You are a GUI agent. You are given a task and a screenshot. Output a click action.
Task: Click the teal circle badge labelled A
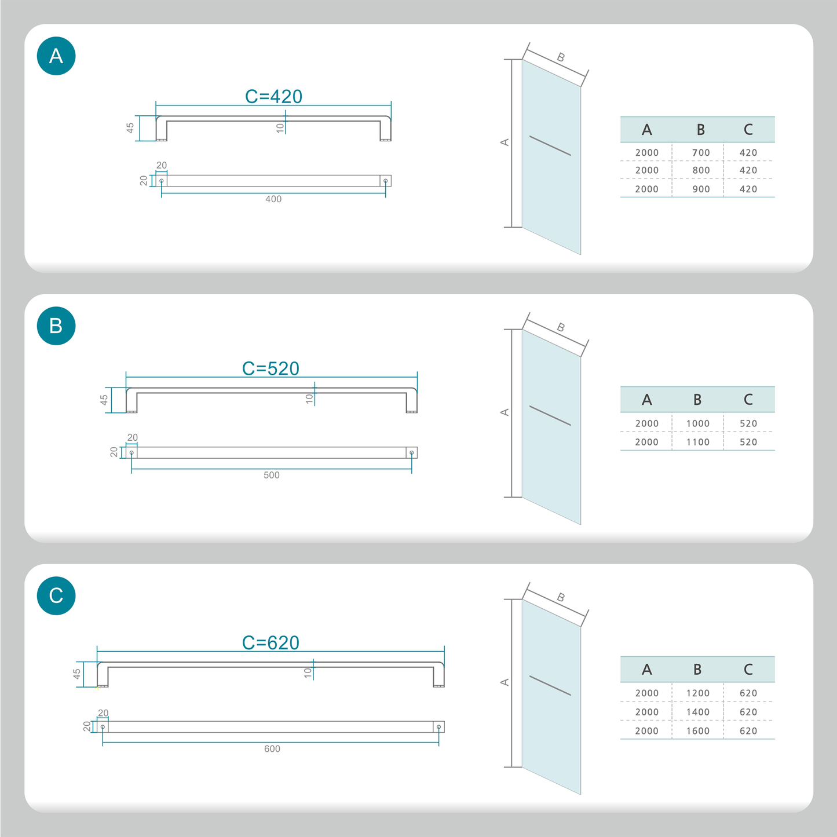[56, 56]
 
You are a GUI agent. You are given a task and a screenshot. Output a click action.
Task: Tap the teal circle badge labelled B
[56, 326]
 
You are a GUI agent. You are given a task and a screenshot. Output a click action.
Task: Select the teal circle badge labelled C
[56, 595]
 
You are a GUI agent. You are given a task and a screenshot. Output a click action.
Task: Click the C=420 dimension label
[273, 96]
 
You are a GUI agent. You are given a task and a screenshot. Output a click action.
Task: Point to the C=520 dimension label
[271, 368]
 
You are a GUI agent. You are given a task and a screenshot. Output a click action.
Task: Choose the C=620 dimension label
[271, 642]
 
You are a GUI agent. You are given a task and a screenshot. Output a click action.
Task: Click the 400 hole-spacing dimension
[273, 199]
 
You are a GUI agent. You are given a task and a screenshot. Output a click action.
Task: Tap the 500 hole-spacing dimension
[272, 475]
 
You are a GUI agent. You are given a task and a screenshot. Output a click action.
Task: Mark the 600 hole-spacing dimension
[272, 749]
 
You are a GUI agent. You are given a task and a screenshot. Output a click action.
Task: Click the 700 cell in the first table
[701, 152]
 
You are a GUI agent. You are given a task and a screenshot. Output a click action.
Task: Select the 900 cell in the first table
[701, 189]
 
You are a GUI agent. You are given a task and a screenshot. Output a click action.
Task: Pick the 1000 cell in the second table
[697, 423]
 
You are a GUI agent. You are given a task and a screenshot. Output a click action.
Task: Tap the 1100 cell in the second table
[697, 442]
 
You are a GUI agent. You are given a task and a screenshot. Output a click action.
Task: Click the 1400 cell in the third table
[697, 712]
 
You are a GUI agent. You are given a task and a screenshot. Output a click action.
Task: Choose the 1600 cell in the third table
[697, 730]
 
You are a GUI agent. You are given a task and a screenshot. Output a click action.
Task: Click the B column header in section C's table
[697, 670]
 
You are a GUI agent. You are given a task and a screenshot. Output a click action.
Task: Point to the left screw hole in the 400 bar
[162, 181]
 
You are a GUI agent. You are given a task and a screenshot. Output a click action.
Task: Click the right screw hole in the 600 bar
[438, 727]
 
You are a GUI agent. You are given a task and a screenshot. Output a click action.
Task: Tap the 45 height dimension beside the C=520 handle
[104, 400]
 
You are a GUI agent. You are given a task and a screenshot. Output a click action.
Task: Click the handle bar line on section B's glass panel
[550, 416]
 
